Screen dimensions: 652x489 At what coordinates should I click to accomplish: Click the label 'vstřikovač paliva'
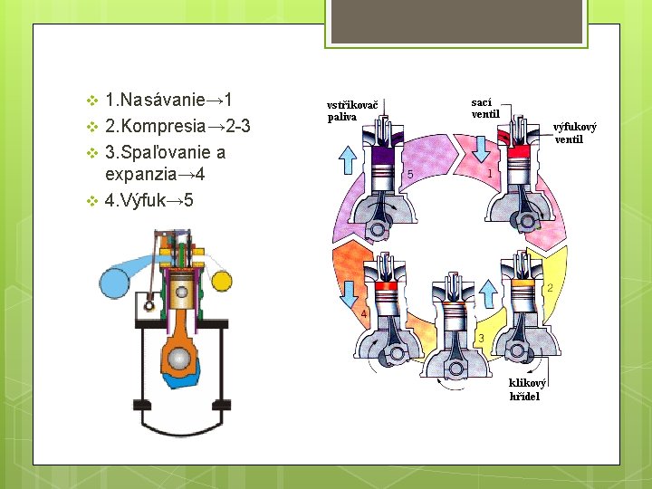tap(352, 110)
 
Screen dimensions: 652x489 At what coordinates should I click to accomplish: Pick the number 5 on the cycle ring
tap(410, 173)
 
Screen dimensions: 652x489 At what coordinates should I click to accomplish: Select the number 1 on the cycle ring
tap(490, 172)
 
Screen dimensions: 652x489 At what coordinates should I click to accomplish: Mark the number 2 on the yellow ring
tap(550, 288)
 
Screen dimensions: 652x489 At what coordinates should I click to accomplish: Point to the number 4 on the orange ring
tap(364, 314)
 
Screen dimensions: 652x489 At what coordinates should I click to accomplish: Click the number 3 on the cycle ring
tap(480, 338)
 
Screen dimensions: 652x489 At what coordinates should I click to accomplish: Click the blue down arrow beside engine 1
tap(479, 139)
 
